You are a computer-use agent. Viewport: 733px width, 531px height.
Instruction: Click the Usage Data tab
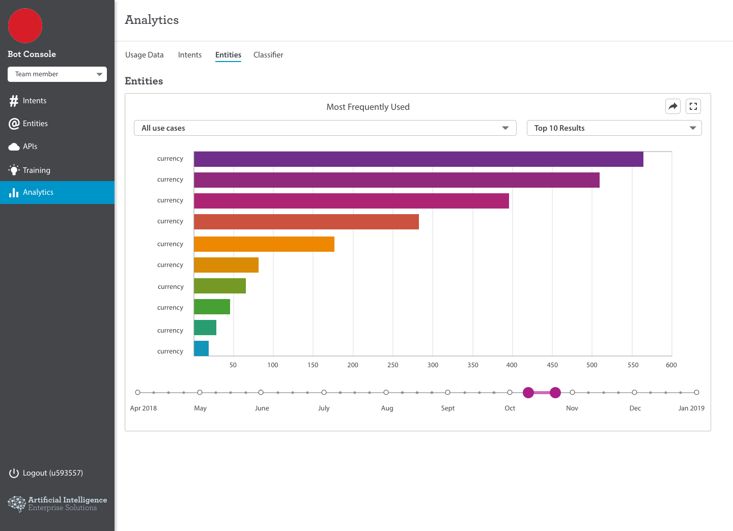pos(145,54)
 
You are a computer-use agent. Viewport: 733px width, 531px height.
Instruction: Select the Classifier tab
pos(268,54)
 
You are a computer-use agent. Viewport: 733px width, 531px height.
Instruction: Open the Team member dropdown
pos(57,74)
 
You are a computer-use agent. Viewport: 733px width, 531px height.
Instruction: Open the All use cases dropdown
pos(325,128)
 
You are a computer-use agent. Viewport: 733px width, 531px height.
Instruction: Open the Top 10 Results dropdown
pos(614,128)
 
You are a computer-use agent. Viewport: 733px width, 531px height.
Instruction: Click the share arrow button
pos(673,106)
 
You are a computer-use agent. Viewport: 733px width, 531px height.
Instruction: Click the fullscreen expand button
pos(693,106)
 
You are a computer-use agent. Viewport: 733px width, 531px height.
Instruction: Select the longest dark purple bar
pos(418,159)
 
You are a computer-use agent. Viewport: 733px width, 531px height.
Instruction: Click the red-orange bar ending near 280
pos(306,222)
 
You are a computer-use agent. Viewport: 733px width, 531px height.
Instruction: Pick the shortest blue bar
pos(201,348)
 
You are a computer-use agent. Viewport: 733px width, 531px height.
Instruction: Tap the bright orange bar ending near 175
pos(264,244)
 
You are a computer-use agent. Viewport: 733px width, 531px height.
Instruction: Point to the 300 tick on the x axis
pos(433,365)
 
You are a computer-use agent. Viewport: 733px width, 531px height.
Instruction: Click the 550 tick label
pos(633,365)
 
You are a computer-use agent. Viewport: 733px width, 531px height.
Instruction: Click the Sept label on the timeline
pos(447,408)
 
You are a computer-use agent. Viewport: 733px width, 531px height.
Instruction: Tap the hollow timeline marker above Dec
pos(634,392)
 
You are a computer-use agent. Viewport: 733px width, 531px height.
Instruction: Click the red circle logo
pos(25,25)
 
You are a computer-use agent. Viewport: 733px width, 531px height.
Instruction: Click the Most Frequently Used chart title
pos(368,107)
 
